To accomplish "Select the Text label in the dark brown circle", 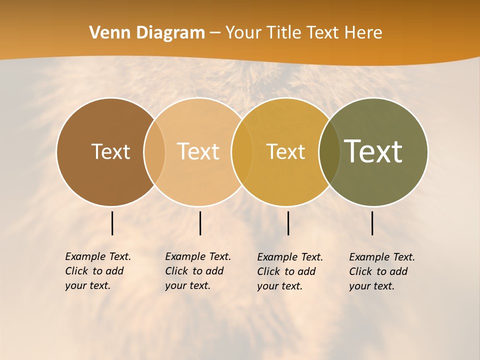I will (x=110, y=151).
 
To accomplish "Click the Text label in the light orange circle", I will (x=198, y=151).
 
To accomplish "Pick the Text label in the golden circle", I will (x=285, y=151).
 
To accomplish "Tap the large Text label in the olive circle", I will (x=373, y=151).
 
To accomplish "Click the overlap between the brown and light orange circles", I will (x=154, y=152).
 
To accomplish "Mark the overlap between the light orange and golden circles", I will (x=242, y=152).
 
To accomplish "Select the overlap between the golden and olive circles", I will (x=329, y=152).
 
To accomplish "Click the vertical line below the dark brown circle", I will (x=112, y=223).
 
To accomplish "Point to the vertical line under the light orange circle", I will (x=200, y=223).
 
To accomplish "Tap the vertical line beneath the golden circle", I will (x=288, y=223).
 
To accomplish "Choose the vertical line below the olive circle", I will (x=372, y=223).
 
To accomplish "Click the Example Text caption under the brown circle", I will (x=98, y=271).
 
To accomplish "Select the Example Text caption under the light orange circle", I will (x=198, y=271).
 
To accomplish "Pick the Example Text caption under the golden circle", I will (x=290, y=271).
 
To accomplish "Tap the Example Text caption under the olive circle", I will (x=382, y=271).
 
